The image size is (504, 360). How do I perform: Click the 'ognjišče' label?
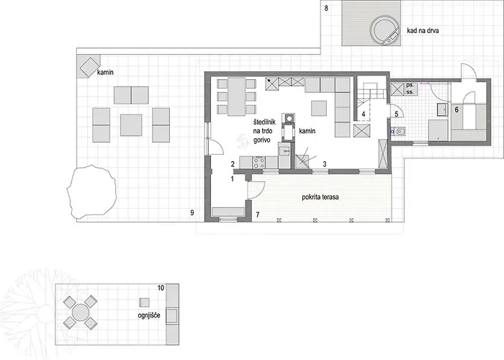pos(148,315)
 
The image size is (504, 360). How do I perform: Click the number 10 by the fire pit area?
pos(161,288)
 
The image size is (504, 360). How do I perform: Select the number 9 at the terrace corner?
pos(192,212)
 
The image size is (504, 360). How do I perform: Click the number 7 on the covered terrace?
pos(257,215)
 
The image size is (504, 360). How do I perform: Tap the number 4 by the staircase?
pos(364,114)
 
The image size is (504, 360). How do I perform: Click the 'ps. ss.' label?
pos(410,89)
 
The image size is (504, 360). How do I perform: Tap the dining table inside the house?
pos(236,96)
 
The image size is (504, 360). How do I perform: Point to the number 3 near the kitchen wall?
pos(325,165)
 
